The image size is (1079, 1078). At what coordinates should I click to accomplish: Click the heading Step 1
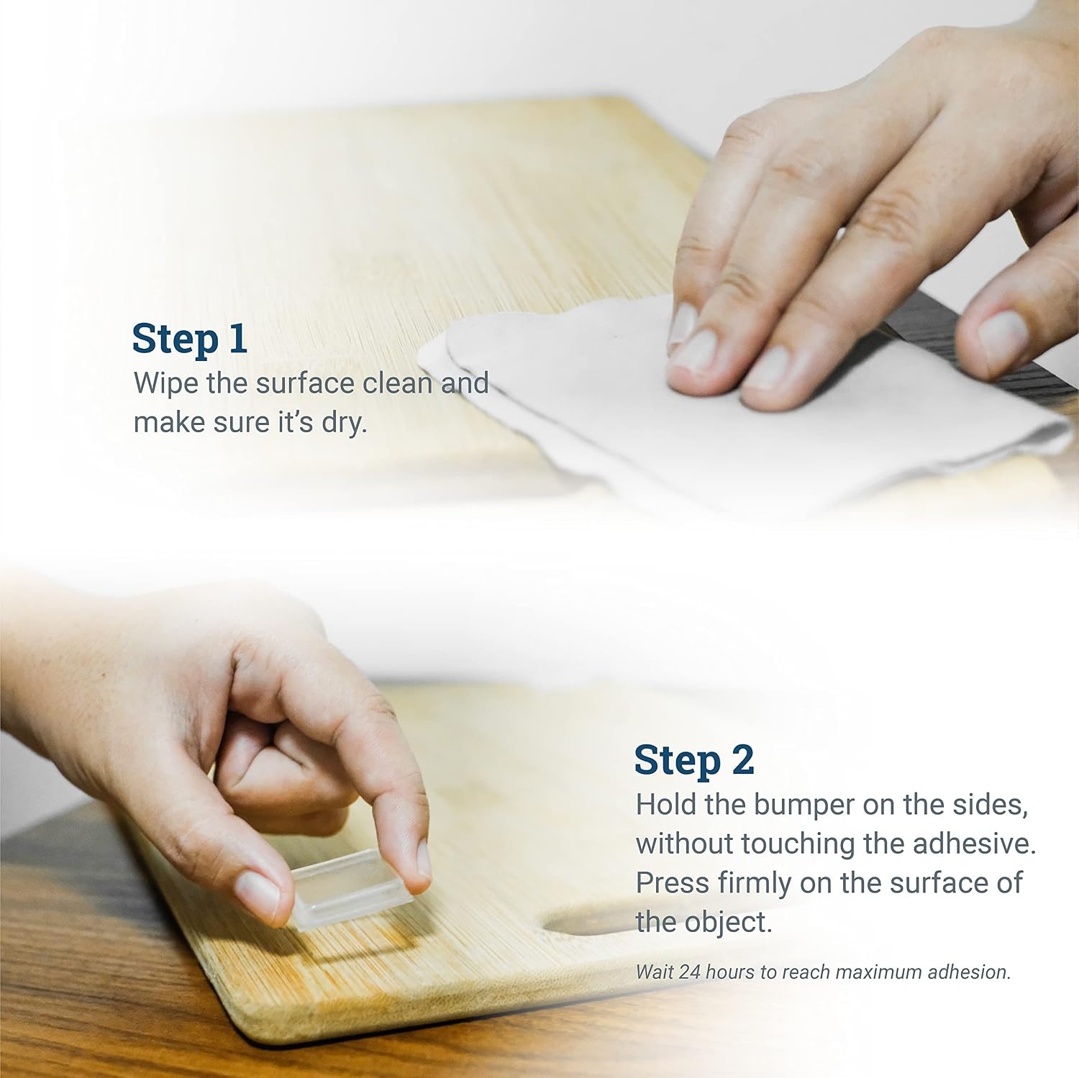[x=190, y=339]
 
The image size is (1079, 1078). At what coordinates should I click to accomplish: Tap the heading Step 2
[x=694, y=760]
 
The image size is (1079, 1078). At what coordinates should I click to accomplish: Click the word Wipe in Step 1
[x=166, y=383]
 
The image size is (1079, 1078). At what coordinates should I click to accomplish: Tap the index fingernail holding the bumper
[x=423, y=861]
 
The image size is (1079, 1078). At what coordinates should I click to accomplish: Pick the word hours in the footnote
[x=730, y=972]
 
